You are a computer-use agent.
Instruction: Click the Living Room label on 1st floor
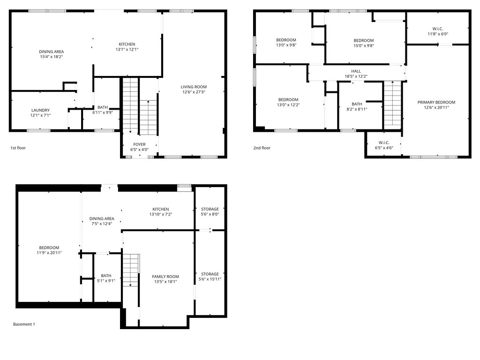tap(194, 87)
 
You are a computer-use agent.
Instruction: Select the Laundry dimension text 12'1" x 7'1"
tap(40, 116)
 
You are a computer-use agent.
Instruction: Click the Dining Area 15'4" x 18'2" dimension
tap(52, 57)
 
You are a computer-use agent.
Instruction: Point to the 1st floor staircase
tap(131, 106)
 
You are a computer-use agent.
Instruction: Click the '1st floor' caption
tap(18, 148)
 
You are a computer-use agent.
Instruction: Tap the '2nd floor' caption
tap(262, 148)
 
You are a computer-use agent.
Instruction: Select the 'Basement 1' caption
tap(24, 324)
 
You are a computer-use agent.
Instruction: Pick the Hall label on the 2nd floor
tap(356, 71)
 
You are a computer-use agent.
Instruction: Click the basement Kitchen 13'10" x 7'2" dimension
tap(160, 214)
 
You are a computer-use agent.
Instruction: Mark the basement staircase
tap(131, 270)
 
